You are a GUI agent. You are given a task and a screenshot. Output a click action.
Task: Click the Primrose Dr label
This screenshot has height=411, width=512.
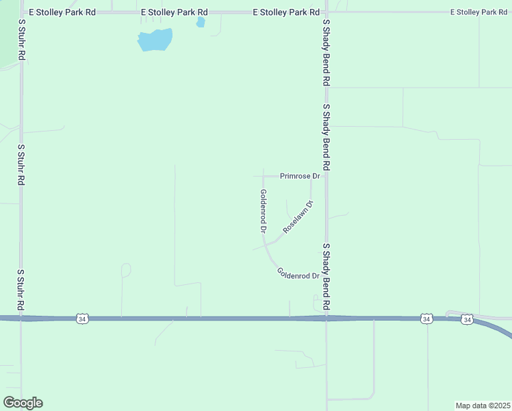click(300, 176)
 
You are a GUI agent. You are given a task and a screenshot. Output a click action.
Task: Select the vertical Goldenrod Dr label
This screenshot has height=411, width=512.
click(263, 212)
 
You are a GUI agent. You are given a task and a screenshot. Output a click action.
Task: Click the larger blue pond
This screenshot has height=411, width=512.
click(154, 40)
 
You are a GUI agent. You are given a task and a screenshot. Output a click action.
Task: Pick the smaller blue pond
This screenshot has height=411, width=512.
click(201, 23)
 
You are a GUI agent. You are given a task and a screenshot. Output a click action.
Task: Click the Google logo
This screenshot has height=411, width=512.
click(23, 403)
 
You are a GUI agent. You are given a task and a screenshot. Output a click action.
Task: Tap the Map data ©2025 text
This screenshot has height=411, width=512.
click(483, 406)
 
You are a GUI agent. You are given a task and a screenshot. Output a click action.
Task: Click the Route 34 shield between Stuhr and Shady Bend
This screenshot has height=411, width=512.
click(82, 319)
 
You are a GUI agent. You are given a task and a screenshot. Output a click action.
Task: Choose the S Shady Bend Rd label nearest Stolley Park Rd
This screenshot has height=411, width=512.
click(327, 52)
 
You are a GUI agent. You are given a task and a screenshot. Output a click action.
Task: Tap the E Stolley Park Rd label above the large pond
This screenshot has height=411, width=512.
click(174, 12)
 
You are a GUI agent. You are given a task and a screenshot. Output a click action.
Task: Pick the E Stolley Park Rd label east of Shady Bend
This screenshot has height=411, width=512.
click(478, 12)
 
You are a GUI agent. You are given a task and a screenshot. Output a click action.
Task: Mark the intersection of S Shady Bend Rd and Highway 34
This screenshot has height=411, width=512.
click(327, 318)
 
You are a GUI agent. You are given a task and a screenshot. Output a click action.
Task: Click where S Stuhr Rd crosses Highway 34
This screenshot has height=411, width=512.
click(21, 318)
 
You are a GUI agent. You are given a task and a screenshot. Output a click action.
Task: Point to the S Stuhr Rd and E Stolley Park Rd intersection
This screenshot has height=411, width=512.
click(21, 12)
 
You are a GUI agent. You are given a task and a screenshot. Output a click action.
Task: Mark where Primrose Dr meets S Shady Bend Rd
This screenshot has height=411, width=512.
click(327, 176)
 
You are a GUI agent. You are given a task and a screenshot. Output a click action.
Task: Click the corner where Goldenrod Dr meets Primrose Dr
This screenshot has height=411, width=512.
click(264, 176)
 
